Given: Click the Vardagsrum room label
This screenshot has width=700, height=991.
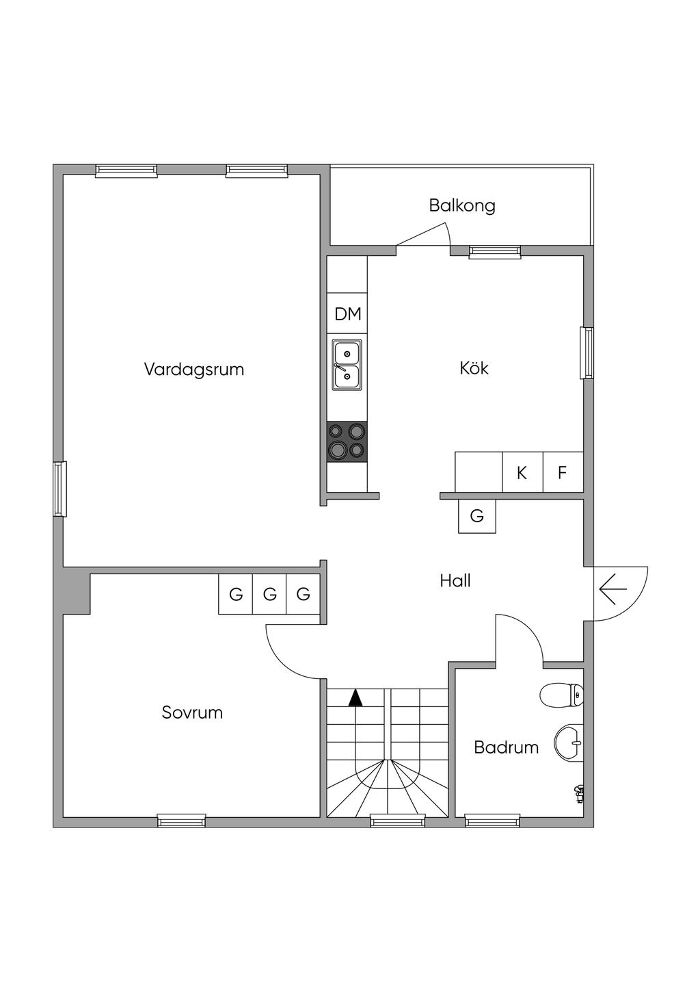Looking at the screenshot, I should [x=194, y=370].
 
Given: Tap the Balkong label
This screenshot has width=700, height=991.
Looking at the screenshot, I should [x=462, y=205].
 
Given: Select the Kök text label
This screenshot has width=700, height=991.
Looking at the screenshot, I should [x=474, y=368].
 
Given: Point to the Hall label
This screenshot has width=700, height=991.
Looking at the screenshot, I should [x=455, y=581].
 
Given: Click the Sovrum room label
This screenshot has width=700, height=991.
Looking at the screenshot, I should [x=192, y=712].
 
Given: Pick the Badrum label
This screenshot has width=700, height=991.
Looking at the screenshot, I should [x=506, y=747].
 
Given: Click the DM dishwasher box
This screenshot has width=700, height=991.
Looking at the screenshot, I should [x=347, y=314].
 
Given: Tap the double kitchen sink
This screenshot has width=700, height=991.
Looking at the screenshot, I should [x=347, y=365].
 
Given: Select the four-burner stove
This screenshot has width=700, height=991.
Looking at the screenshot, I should [x=347, y=441].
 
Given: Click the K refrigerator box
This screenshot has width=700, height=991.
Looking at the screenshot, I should [x=522, y=472].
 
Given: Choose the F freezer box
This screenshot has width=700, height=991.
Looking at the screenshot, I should [x=563, y=472].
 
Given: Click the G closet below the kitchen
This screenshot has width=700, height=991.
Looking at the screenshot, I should [x=477, y=516].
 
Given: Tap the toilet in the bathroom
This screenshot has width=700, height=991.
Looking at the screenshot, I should [x=561, y=695].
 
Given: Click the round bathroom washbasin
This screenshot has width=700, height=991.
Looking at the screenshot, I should [x=569, y=743].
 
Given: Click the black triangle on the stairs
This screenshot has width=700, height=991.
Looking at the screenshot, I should [x=355, y=698].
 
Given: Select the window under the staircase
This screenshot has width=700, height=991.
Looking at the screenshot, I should [x=397, y=820].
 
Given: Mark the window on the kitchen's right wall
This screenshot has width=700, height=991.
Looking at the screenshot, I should [x=587, y=352].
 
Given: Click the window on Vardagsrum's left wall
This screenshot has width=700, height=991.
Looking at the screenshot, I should [x=60, y=489].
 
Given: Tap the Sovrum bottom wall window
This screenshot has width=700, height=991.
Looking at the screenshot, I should [x=181, y=820].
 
